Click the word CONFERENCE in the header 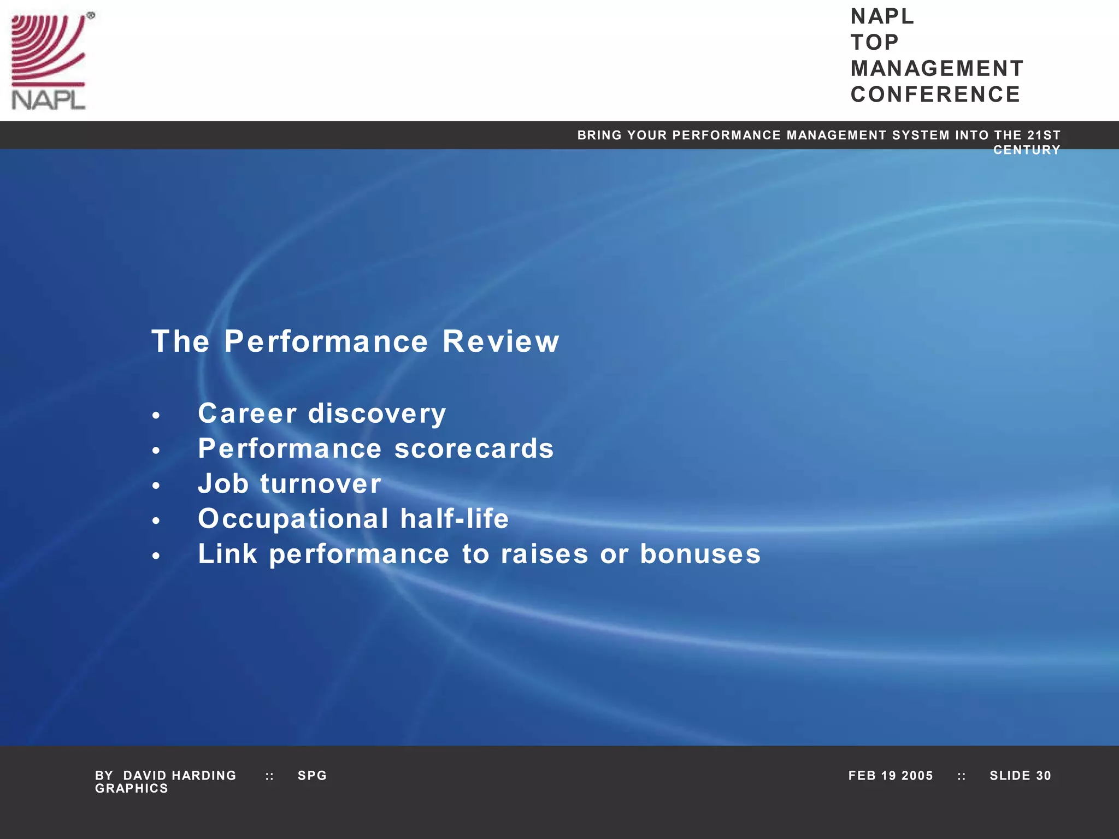(x=935, y=94)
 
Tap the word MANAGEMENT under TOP (x=937, y=69)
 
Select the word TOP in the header (x=874, y=43)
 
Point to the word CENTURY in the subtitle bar (x=1026, y=150)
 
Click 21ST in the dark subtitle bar (x=1044, y=135)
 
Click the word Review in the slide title (x=500, y=341)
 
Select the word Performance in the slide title (x=326, y=341)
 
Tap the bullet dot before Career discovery (x=156, y=416)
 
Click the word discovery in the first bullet (x=377, y=413)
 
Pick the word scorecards (x=474, y=448)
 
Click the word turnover (x=321, y=484)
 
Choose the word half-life (x=454, y=518)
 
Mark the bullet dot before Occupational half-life (x=156, y=521)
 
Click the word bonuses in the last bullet (x=700, y=554)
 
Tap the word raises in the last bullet (x=545, y=554)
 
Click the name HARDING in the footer (x=204, y=776)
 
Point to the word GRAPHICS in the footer (x=132, y=789)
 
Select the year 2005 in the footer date (x=917, y=776)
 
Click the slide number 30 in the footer (x=1043, y=776)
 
